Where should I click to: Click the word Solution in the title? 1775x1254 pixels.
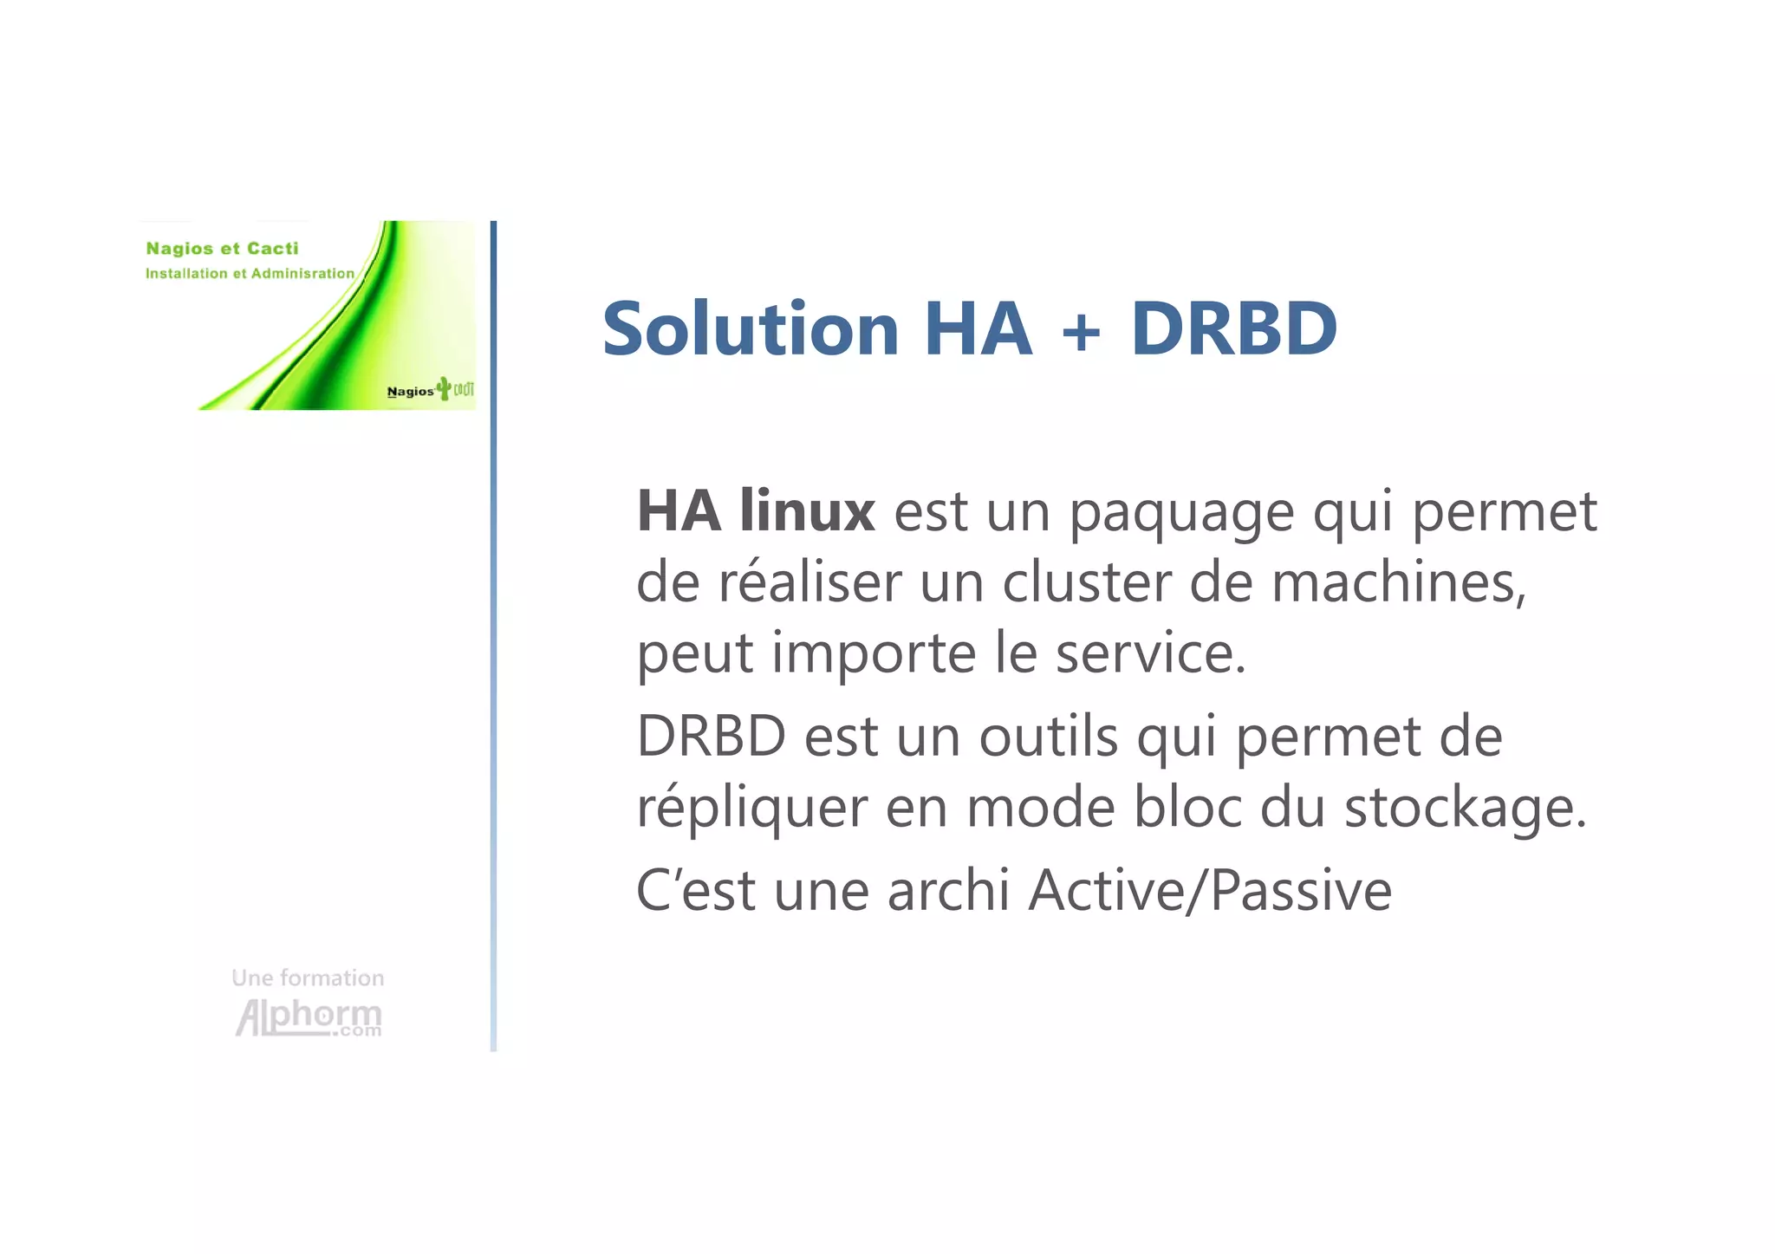point(751,329)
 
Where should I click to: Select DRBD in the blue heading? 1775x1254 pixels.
point(1233,329)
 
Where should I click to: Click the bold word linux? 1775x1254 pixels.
point(807,511)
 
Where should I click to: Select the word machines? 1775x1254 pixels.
point(1398,582)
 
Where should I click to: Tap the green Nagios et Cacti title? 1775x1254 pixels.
point(222,249)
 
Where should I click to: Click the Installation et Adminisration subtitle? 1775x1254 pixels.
point(250,274)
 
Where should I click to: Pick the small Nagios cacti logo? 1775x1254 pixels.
point(430,390)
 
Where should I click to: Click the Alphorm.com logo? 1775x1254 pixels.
point(309,1017)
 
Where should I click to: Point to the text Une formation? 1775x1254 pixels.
point(308,978)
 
